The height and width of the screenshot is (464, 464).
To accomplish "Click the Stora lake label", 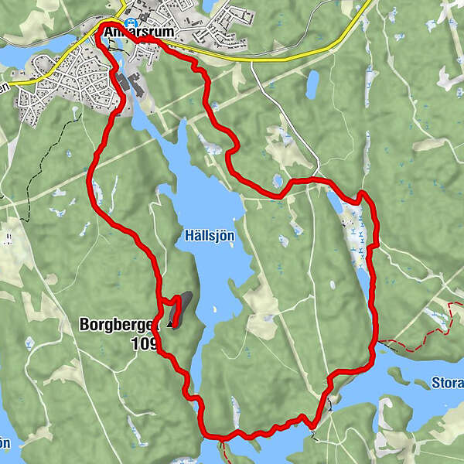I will pyautogui.click(x=447, y=381).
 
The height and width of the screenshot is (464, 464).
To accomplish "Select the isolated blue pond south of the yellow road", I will pyautogui.click(x=312, y=84).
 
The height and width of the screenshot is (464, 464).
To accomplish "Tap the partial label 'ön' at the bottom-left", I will pyautogui.click(x=5, y=442).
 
